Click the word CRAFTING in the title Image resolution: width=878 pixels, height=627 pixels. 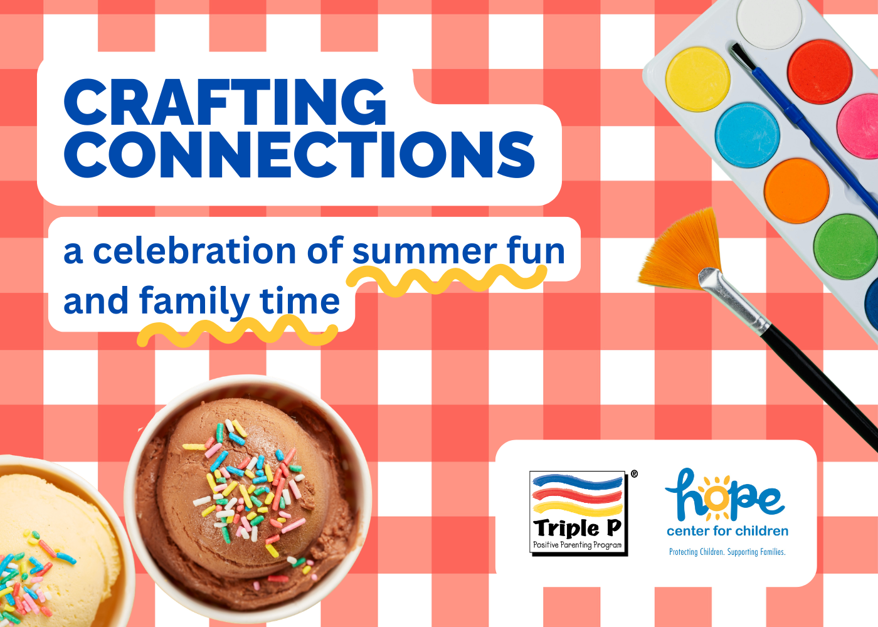[225, 102]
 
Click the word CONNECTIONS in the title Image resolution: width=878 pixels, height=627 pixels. [300, 154]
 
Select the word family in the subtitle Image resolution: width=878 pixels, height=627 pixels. [194, 302]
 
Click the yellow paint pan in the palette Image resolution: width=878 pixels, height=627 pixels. [697, 79]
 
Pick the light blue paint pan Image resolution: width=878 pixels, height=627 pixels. [748, 135]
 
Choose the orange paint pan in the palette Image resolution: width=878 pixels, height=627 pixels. [797, 191]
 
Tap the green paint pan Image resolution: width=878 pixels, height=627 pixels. [846, 246]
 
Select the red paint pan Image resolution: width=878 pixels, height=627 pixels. [820, 71]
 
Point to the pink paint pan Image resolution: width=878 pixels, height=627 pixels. [859, 126]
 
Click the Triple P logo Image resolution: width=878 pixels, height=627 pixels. [578, 513]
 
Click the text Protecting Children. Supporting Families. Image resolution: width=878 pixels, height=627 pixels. [727, 552]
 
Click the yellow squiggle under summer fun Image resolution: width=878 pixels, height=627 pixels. [446, 280]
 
